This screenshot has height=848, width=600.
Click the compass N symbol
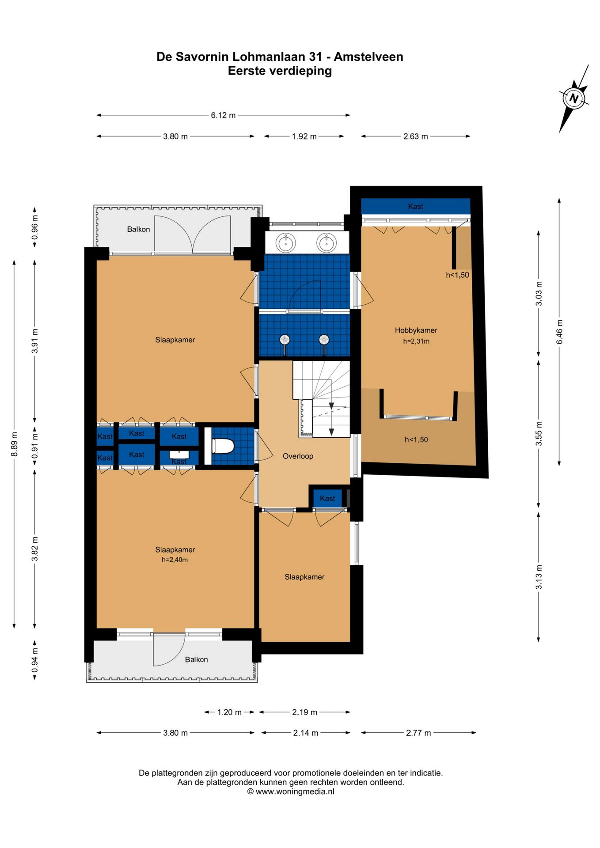click(573, 98)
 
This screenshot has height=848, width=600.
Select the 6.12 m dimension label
click(223, 115)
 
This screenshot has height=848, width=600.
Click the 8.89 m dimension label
click(15, 443)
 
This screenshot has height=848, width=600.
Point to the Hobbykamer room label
click(416, 330)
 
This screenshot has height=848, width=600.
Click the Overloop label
click(298, 456)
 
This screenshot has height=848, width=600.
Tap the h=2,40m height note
click(175, 560)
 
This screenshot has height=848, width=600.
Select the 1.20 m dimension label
click(229, 712)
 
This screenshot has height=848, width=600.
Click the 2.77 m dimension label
click(418, 733)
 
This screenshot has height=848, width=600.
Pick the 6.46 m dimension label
click(559, 332)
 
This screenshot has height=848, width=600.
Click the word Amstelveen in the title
click(368, 57)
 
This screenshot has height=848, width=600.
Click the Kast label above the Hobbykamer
click(415, 206)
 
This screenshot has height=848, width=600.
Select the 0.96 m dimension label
click(35, 227)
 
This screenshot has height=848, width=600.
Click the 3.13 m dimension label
click(539, 577)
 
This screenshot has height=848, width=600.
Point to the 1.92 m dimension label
click(304, 136)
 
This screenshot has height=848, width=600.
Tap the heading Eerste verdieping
click(280, 71)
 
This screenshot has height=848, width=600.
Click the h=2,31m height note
click(416, 341)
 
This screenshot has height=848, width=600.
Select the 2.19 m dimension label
click(304, 712)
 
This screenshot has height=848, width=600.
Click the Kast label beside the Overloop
click(327, 498)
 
